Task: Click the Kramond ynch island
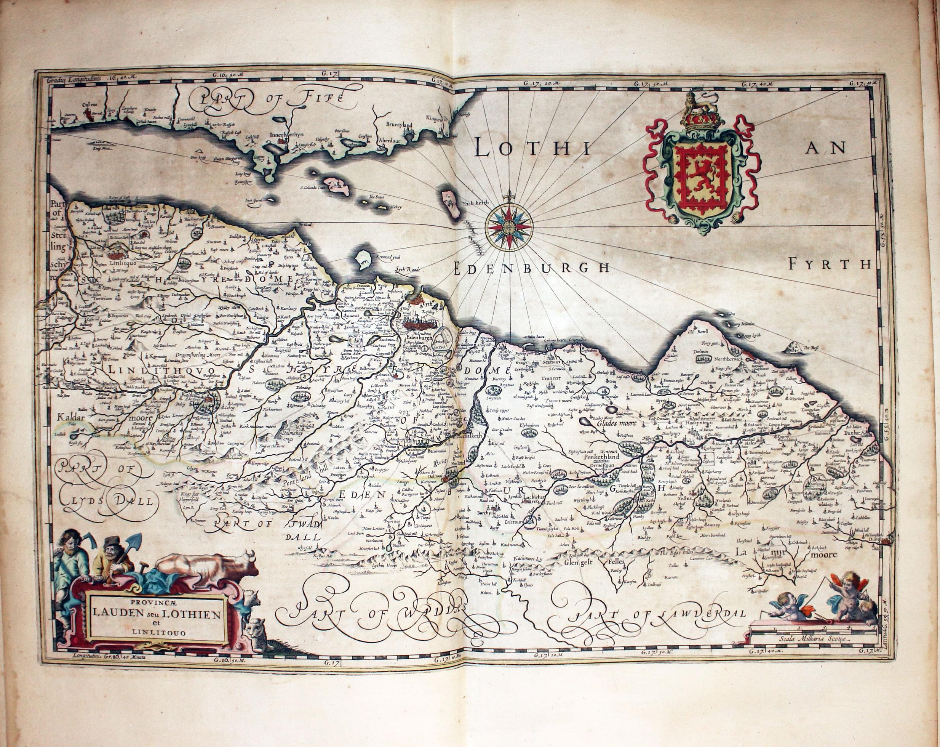362,260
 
